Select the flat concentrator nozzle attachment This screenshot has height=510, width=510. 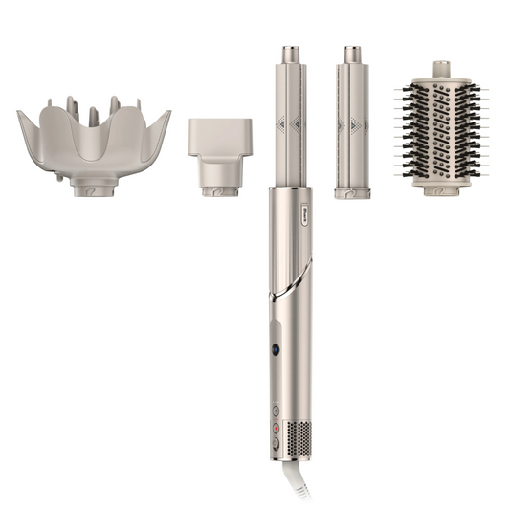(220, 139)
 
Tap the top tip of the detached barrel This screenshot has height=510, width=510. (353, 51)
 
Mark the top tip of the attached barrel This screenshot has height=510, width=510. (287, 51)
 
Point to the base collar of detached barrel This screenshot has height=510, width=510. (353, 190)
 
